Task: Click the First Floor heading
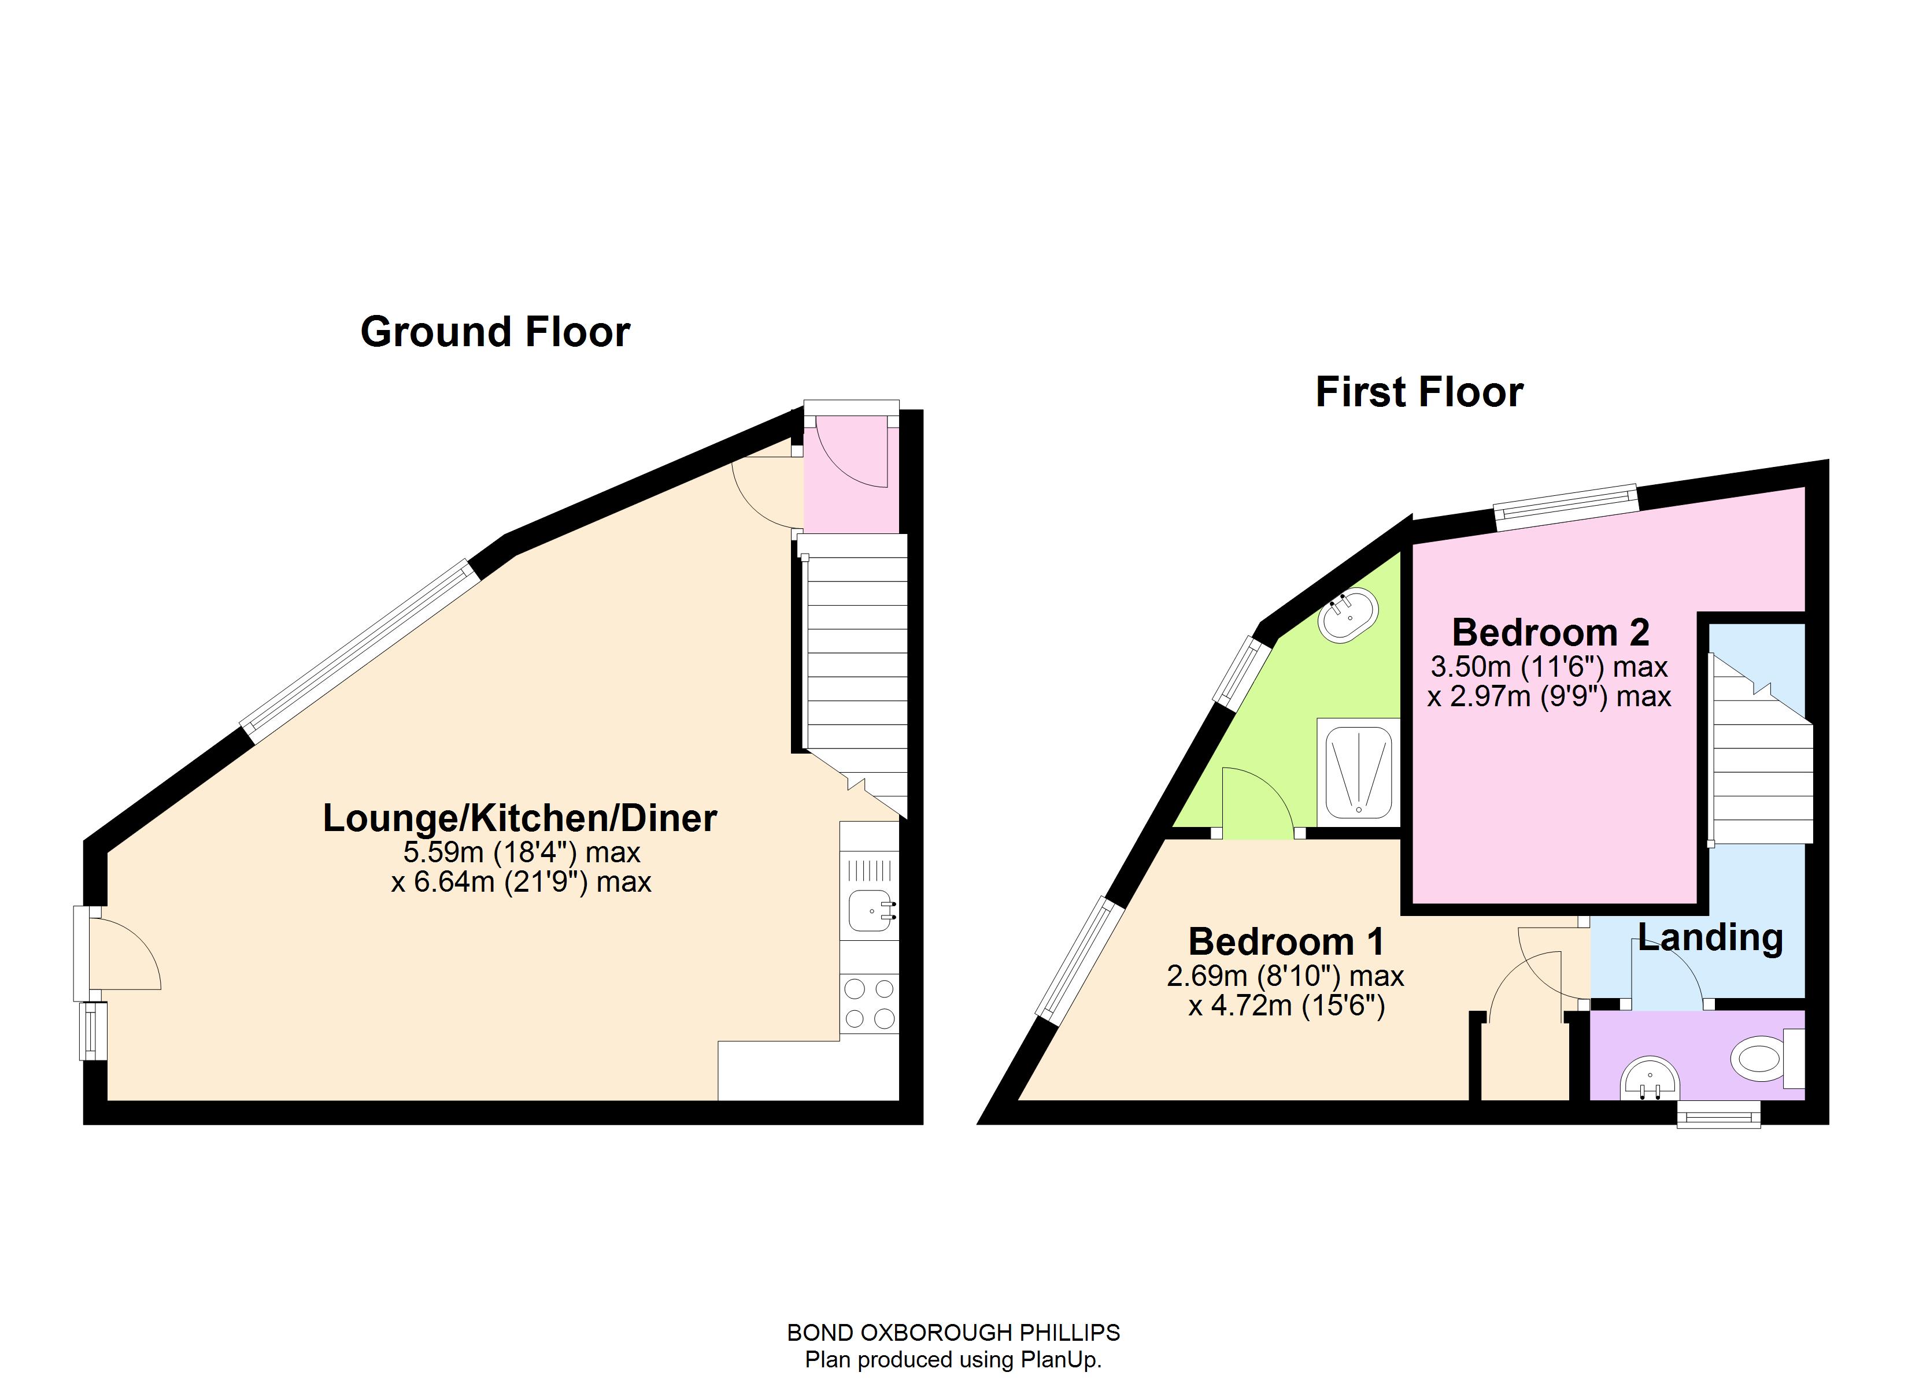(1419, 393)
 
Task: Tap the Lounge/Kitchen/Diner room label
(520, 818)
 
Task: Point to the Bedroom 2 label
(1551, 632)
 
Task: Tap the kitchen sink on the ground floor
(870, 911)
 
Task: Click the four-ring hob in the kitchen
(870, 1003)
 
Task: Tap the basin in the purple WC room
(1650, 1080)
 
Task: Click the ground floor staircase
(856, 665)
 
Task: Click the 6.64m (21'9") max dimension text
(521, 882)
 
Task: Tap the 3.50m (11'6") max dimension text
(1549, 667)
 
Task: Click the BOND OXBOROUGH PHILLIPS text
(953, 1332)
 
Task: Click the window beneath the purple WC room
(1719, 1115)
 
